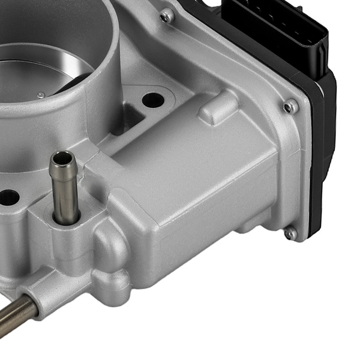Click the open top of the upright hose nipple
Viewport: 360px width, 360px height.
point(62,159)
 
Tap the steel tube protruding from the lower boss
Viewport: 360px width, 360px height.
point(15,313)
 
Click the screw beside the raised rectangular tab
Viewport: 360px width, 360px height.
point(291,107)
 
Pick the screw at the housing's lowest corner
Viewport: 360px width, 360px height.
point(290,233)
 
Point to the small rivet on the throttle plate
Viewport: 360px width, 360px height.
point(41,95)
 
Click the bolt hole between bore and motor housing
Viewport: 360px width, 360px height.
point(153,100)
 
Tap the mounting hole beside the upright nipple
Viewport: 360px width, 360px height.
point(8,197)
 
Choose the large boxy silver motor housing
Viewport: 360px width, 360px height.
point(198,180)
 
